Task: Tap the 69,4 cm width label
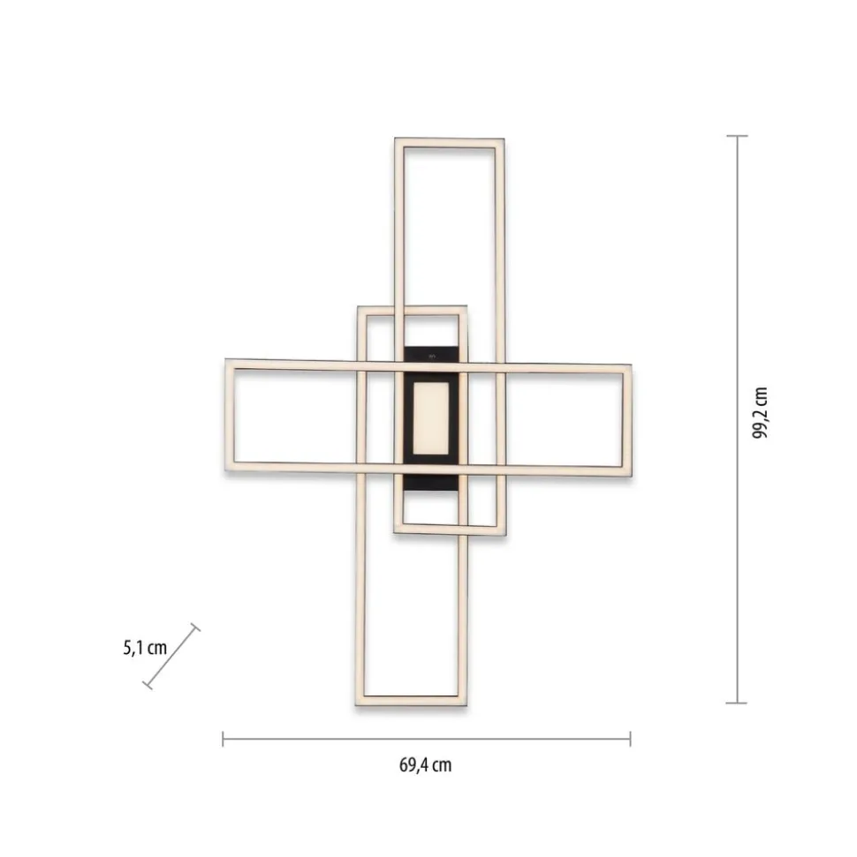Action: point(425,765)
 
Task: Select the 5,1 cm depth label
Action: point(145,648)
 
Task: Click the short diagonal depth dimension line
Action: point(171,656)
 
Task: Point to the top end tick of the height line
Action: point(737,136)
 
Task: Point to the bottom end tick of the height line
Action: point(737,703)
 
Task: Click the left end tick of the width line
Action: point(223,738)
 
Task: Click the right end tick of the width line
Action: point(630,738)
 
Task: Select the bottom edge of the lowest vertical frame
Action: point(412,703)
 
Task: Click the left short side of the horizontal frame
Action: point(230,415)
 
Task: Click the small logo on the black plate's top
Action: point(431,355)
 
